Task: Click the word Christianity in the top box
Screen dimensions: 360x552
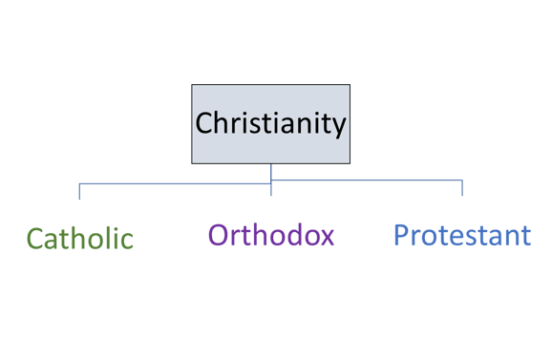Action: (x=270, y=123)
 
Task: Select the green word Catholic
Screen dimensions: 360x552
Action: (x=79, y=239)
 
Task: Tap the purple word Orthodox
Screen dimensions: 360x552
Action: (x=270, y=235)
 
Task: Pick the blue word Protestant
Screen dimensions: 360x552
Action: (x=462, y=235)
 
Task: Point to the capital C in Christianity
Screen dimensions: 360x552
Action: (x=203, y=123)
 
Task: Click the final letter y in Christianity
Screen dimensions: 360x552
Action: (x=339, y=126)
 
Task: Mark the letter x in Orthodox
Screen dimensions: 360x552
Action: (x=327, y=236)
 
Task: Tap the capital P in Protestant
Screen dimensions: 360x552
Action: (x=401, y=235)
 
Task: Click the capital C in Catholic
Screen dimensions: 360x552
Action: (x=34, y=239)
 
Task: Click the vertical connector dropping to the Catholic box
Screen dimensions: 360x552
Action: (x=79, y=190)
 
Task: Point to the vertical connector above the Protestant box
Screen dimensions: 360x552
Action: (x=462, y=187)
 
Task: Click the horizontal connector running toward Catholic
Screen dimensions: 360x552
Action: (x=172, y=181)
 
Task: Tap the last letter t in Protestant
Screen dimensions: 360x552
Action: (x=526, y=236)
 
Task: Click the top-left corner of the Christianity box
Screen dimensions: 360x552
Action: (x=192, y=85)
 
